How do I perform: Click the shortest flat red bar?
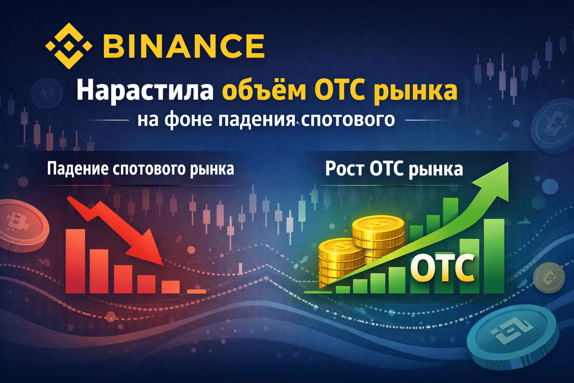(196, 291)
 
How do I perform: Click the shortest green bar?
(343, 289)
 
